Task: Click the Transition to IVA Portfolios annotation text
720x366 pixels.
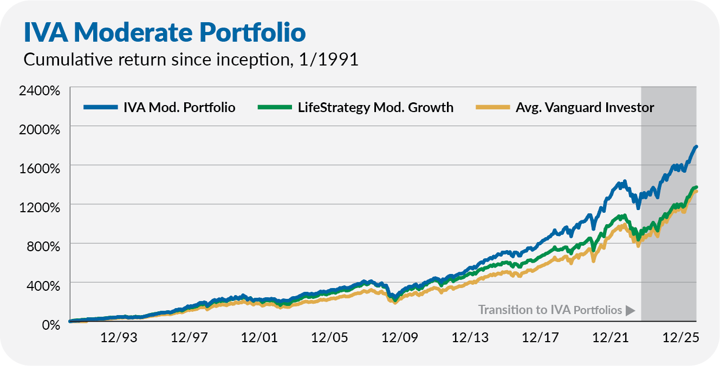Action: [550, 310]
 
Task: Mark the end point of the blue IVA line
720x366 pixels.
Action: [696, 147]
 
